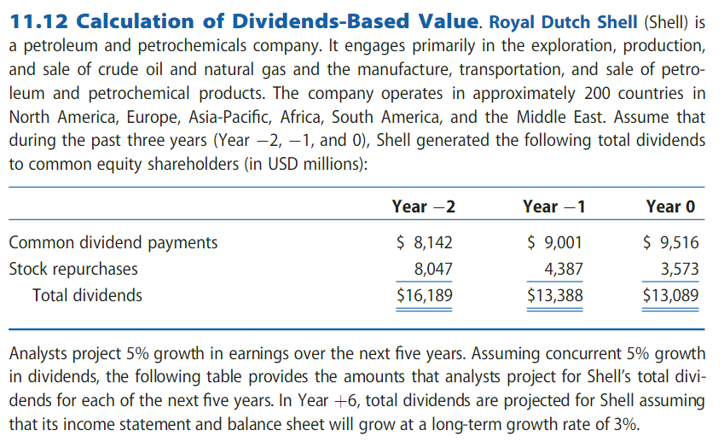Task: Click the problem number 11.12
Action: pyautogui.click(x=42, y=20)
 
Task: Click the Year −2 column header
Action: pyautogui.click(x=423, y=206)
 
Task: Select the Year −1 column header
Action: pyautogui.click(x=554, y=206)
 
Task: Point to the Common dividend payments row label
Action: pyautogui.click(x=113, y=242)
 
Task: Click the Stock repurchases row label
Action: pyautogui.click(x=72, y=269)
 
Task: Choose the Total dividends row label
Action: pyautogui.click(x=87, y=295)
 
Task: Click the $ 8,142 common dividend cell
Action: pyautogui.click(x=425, y=242)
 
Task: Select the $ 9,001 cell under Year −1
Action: pyautogui.click(x=556, y=242)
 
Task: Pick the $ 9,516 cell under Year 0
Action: pyautogui.click(x=671, y=242)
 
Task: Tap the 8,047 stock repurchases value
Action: pyautogui.click(x=432, y=269)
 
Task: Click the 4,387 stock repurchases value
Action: pyautogui.click(x=564, y=269)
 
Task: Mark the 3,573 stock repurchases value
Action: pyautogui.click(x=680, y=269)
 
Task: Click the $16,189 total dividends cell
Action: pyautogui.click(x=425, y=295)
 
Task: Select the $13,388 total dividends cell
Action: pyautogui.click(x=556, y=295)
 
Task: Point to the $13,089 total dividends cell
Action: pyautogui.click(x=671, y=295)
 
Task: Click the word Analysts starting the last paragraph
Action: pyautogui.click(x=37, y=353)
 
